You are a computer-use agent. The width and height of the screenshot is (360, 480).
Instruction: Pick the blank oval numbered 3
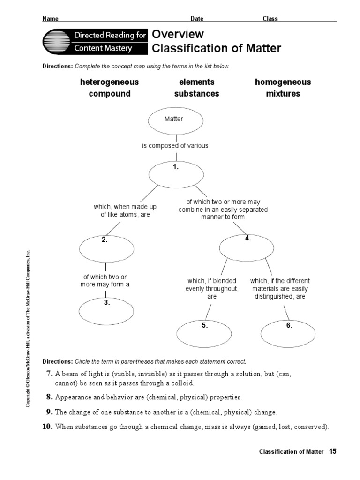106,310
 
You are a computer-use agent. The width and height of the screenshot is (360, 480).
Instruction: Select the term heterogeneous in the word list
110,82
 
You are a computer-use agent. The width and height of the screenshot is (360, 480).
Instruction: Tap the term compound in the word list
110,94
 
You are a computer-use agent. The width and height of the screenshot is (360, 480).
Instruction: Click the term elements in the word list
196,82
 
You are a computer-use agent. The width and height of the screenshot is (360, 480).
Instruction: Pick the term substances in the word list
196,94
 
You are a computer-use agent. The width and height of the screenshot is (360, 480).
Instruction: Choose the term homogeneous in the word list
283,82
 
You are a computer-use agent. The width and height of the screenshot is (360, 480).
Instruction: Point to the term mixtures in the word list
283,94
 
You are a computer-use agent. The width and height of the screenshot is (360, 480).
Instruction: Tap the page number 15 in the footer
333,451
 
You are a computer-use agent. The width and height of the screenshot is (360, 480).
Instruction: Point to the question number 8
49,397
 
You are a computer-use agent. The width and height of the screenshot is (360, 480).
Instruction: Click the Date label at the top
197,19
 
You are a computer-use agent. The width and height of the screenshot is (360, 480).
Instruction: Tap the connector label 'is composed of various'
175,146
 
